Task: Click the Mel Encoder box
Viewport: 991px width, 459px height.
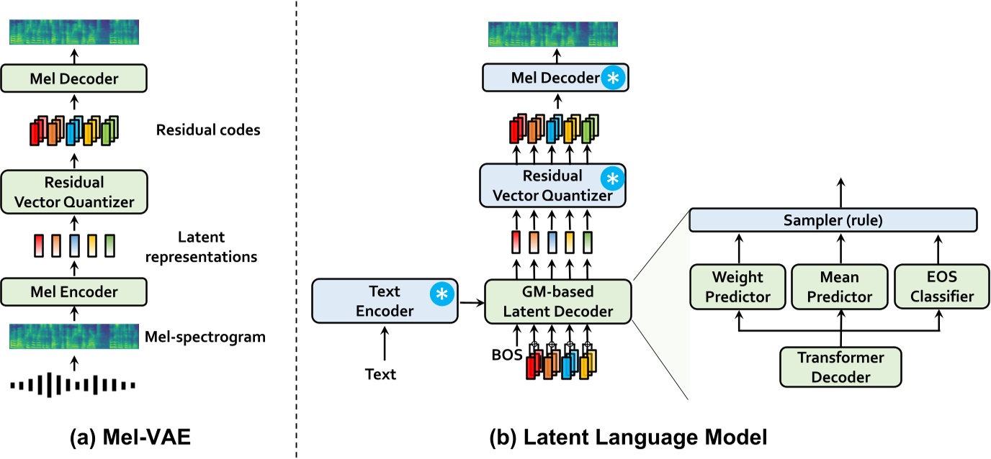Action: (x=73, y=292)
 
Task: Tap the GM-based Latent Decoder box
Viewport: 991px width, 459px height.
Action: (x=557, y=301)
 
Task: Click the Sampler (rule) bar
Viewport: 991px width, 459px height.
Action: (x=833, y=220)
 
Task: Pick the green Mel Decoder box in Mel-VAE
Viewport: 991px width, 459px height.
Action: (x=73, y=78)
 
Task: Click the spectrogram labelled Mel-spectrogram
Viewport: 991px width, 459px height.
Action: (x=73, y=335)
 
